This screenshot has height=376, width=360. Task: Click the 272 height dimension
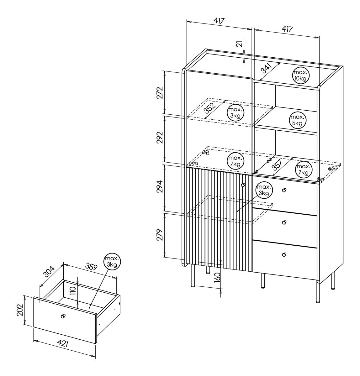[x=160, y=93]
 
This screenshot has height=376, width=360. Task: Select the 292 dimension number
[x=160, y=138]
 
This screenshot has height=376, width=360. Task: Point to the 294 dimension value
[x=160, y=186]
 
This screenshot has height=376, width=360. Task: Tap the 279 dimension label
[x=160, y=235]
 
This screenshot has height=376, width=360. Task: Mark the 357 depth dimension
[x=277, y=165]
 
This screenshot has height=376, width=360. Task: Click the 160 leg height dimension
[x=217, y=277]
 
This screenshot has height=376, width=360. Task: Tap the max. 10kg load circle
[x=300, y=76]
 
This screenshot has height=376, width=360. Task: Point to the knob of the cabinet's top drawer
[x=284, y=190]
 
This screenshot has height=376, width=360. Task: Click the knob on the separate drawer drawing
[x=63, y=316]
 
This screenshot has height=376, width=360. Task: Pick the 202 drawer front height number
[x=20, y=310]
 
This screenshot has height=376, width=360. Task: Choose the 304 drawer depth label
[x=49, y=271]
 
